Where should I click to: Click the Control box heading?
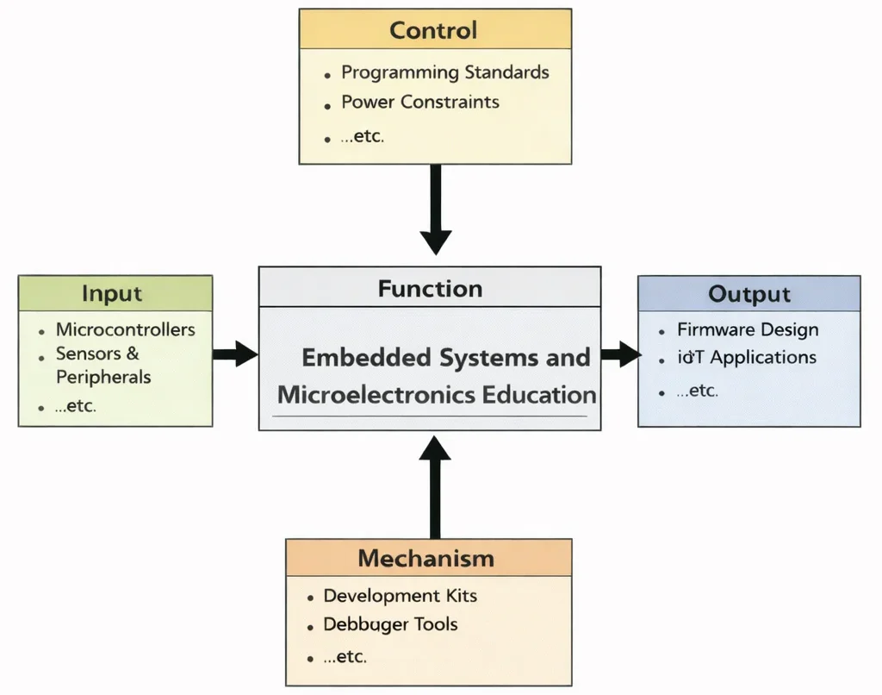434,30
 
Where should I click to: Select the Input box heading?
112,293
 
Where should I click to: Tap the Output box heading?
748,294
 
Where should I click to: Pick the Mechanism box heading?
426,558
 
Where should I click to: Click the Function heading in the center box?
430,288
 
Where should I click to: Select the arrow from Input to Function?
234,354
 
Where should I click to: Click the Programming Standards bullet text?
444,72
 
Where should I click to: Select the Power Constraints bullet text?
419,102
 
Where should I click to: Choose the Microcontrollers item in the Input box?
125,329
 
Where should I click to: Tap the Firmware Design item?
747,329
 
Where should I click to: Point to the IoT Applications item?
746,357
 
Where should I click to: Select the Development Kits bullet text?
400,596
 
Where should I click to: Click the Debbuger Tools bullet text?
390,624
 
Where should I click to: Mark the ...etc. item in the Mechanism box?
345,657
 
